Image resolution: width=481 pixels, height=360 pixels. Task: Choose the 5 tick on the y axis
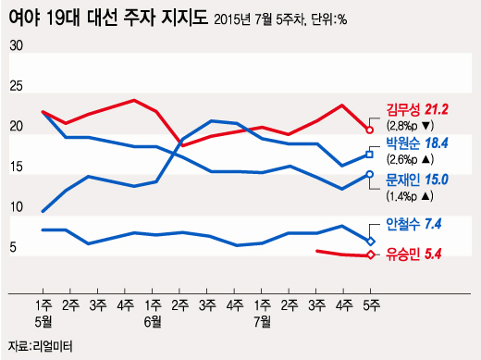13,247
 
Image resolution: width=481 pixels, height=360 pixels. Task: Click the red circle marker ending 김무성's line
370,130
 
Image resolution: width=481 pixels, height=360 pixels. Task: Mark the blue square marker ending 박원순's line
370,155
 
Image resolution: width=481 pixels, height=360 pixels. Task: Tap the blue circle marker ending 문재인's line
370,174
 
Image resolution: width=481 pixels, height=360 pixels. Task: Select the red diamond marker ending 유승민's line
370,255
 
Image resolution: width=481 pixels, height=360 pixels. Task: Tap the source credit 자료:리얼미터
39,345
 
